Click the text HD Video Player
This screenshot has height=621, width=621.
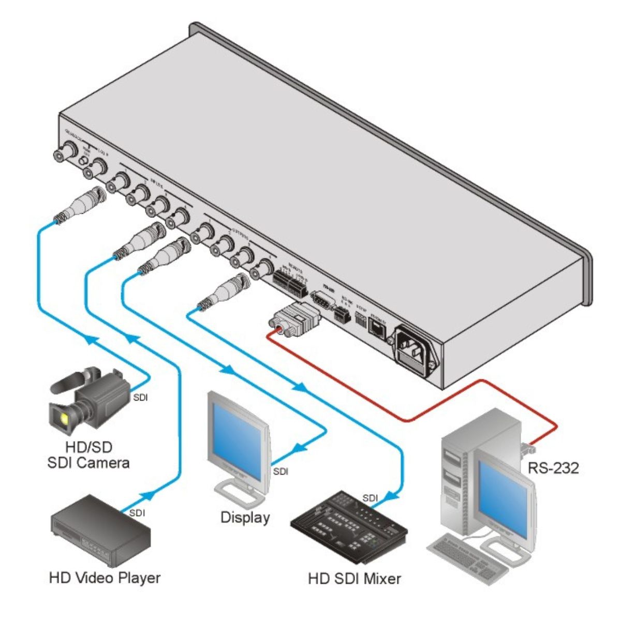[x=105, y=578]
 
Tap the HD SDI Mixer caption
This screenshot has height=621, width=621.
[x=354, y=578]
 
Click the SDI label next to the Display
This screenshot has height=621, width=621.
[x=280, y=471]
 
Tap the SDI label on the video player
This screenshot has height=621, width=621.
[x=137, y=513]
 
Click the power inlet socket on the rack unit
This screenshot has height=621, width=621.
[x=416, y=346]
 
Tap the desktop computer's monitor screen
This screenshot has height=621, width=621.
[x=502, y=484]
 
